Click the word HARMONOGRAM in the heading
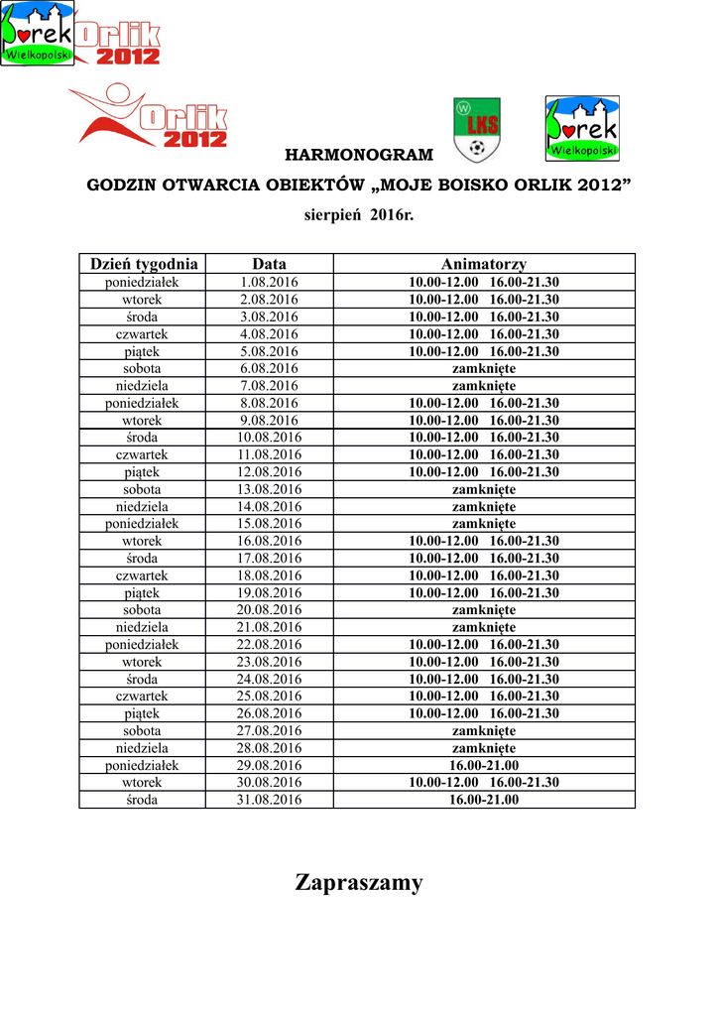click(359, 155)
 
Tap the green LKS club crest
click(477, 129)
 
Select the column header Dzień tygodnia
click(144, 264)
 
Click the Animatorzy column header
click(484, 264)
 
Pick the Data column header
click(269, 264)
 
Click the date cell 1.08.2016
click(269, 283)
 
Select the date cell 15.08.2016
click(269, 524)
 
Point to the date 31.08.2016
click(269, 800)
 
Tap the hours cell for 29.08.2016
click(484, 766)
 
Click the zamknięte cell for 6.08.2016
click(484, 369)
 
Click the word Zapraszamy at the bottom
click(359, 882)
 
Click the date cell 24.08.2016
click(269, 680)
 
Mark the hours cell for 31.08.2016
click(484, 800)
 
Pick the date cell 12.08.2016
click(269, 472)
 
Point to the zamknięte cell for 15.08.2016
click(484, 524)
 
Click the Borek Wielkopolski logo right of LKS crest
click(582, 128)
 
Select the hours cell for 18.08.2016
click(484, 575)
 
